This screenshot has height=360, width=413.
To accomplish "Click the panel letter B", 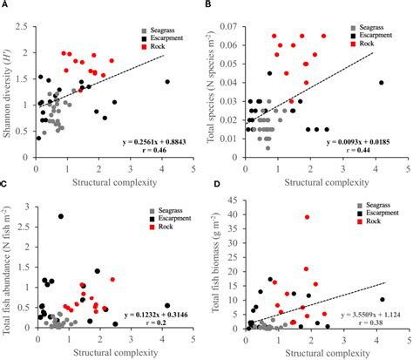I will tap(214, 5).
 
